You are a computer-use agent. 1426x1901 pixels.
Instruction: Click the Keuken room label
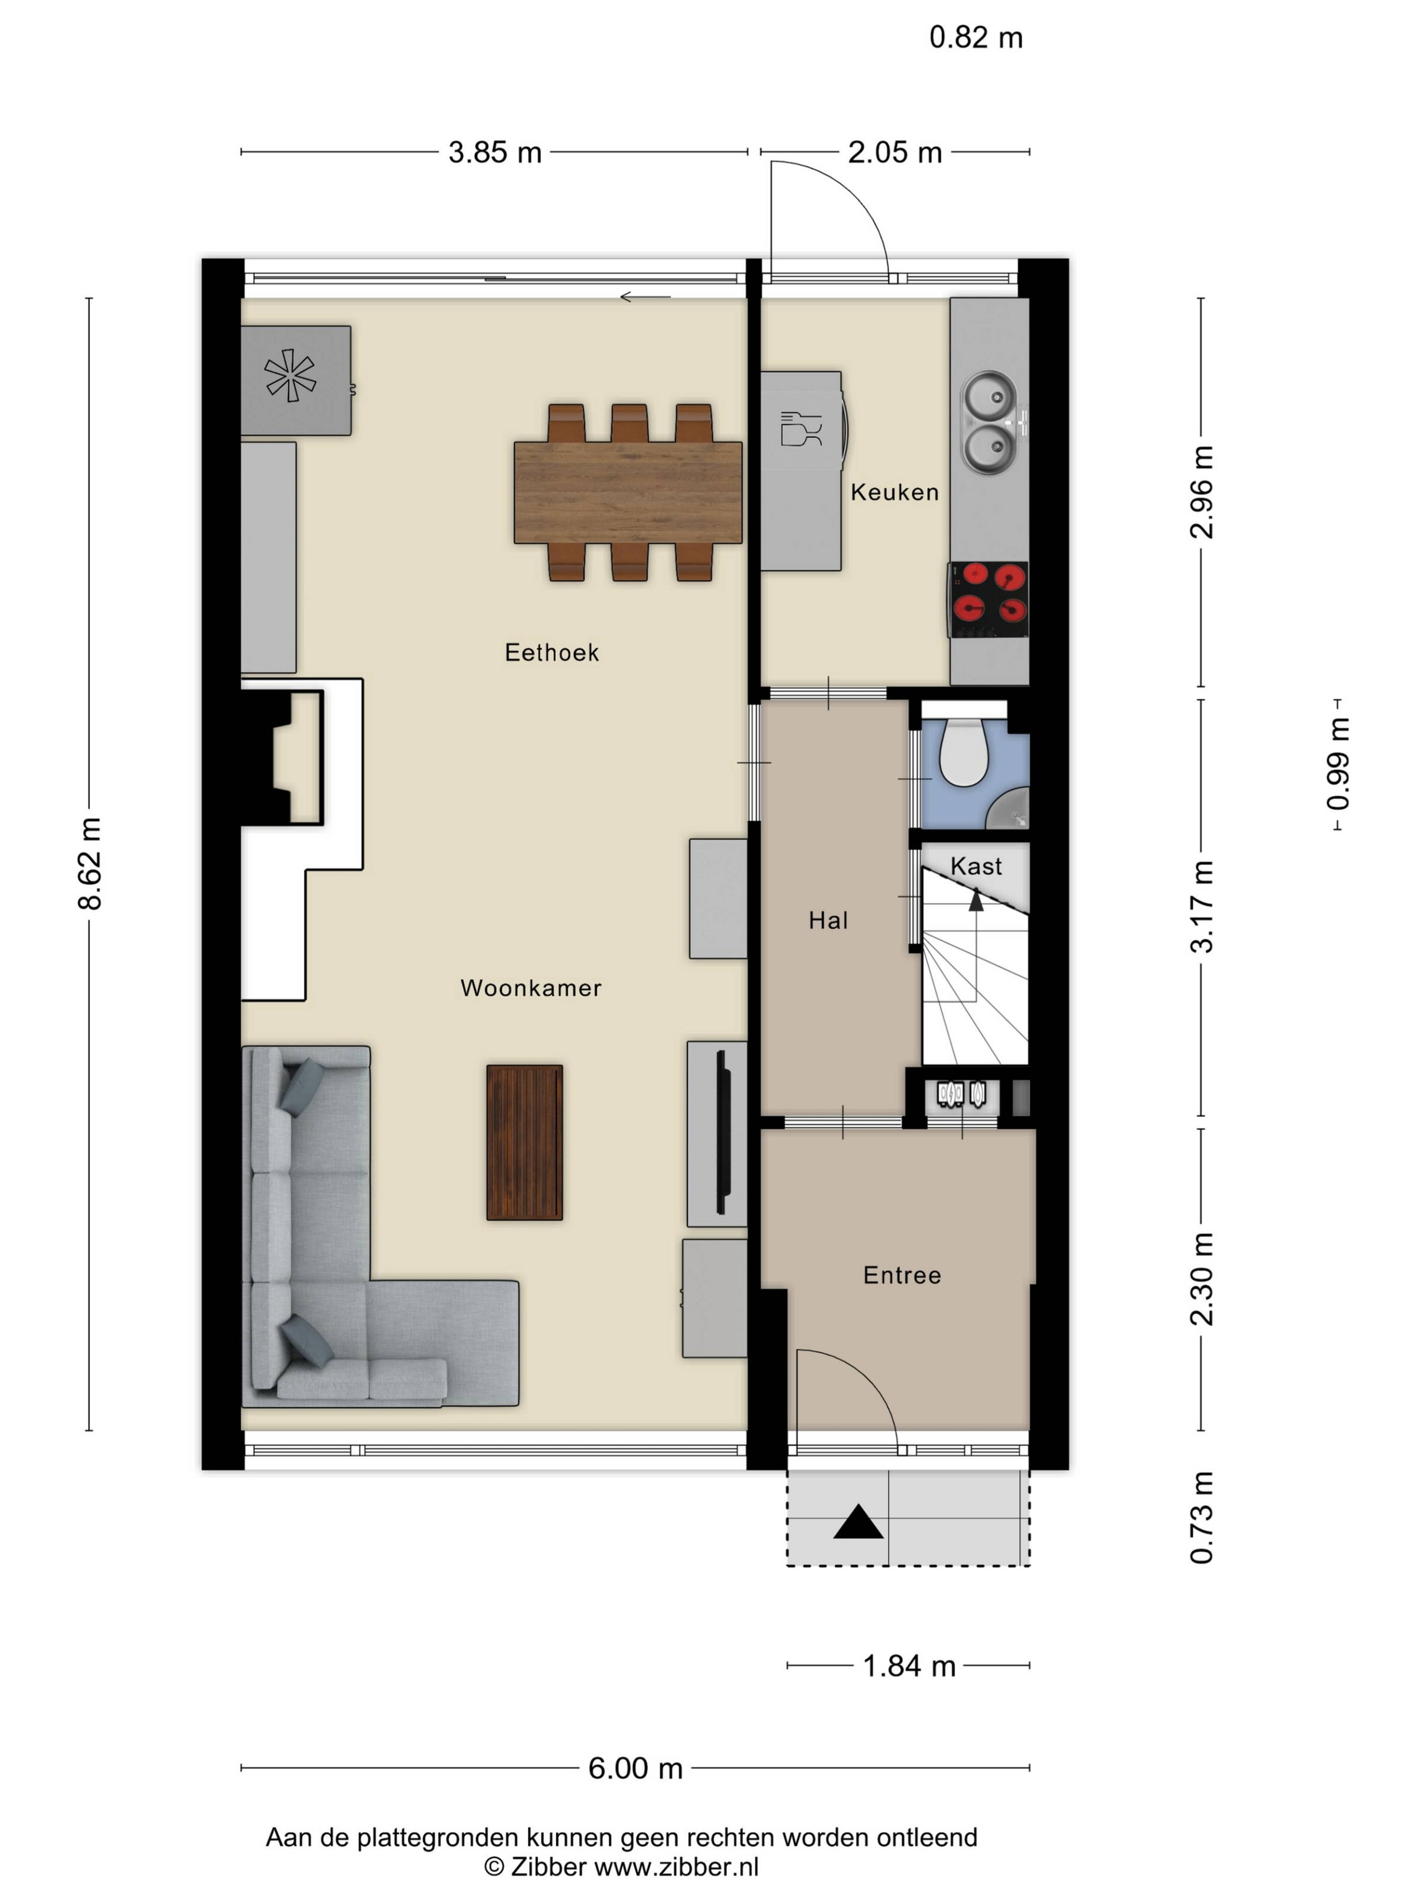tap(894, 492)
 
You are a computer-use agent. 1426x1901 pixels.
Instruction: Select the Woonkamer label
tap(530, 988)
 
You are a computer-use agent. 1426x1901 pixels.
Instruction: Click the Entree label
tap(902, 1275)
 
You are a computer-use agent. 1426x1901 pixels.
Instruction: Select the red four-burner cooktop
tap(989, 599)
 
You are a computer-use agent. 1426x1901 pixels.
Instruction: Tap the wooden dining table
tap(628, 492)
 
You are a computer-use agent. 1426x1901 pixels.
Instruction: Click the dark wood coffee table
tap(524, 1143)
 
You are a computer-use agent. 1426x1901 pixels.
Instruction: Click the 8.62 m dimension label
tap(89, 864)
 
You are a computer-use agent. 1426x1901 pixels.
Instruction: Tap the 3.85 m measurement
tap(495, 152)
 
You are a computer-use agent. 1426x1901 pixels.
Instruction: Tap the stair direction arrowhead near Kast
tap(976, 900)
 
